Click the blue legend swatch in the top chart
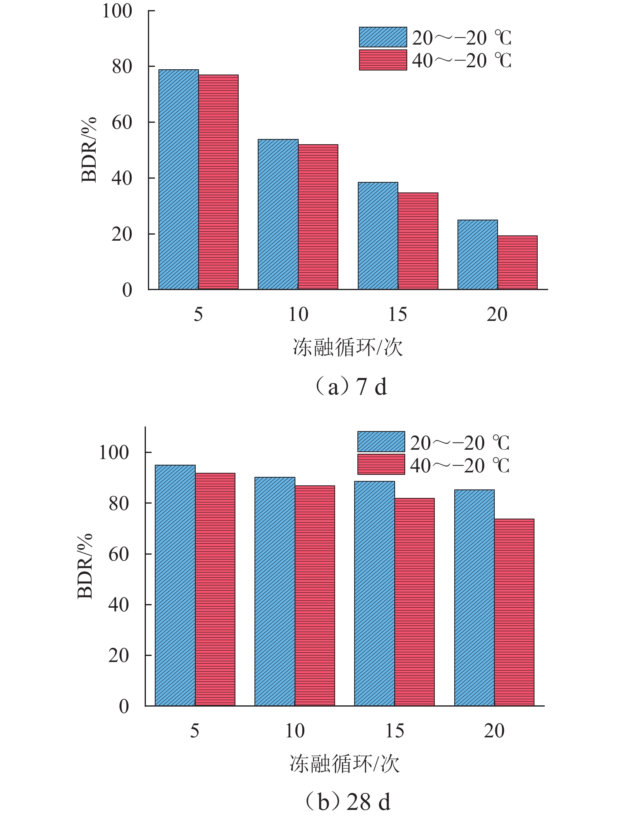click(x=383, y=37)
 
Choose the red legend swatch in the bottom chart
click(x=381, y=464)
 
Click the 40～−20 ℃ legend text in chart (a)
click(x=462, y=60)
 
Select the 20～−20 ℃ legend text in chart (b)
click(x=460, y=442)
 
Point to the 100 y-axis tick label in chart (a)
click(x=117, y=11)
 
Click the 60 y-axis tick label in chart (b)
click(x=119, y=554)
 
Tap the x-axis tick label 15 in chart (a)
click(x=398, y=314)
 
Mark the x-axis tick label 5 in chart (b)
click(x=195, y=731)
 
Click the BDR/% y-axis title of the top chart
click(x=89, y=150)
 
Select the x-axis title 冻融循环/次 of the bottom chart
click(x=344, y=764)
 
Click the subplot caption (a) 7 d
click(x=351, y=387)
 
